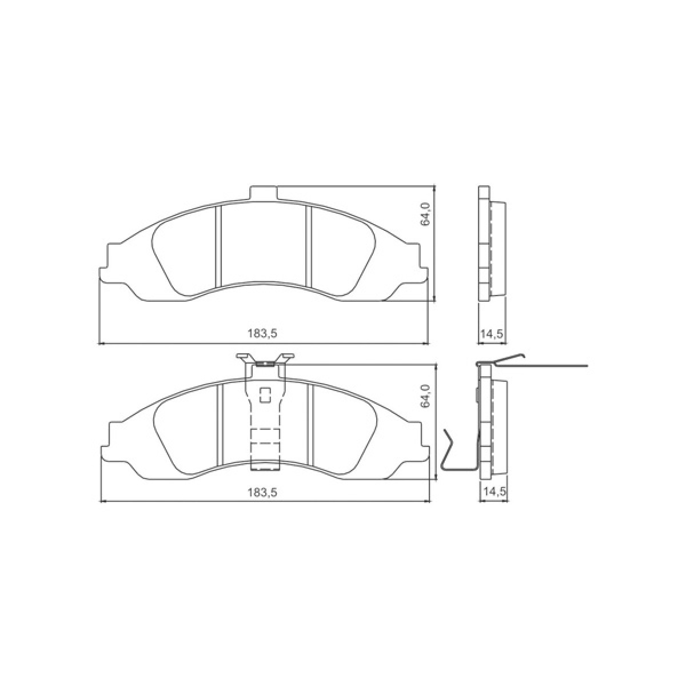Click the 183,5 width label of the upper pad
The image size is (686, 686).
[x=262, y=333]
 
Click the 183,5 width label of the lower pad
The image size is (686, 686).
[x=262, y=492]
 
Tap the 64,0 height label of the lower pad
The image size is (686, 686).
[x=426, y=396]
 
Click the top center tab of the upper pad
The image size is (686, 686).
[x=263, y=193]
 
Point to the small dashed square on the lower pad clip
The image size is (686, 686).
[x=266, y=395]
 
